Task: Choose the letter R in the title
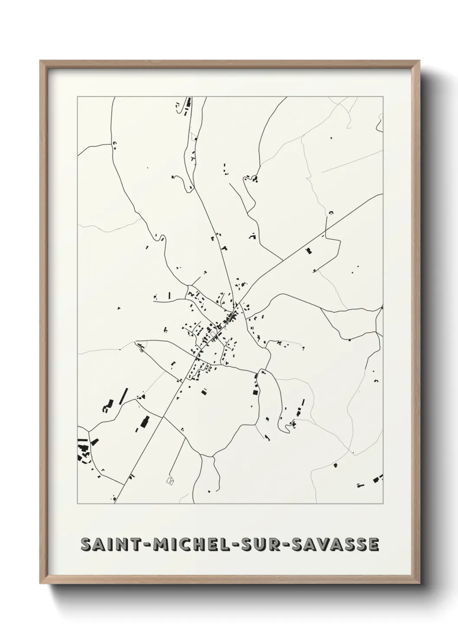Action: pyautogui.click(x=270, y=544)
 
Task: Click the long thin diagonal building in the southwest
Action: pyautogui.click(x=123, y=396)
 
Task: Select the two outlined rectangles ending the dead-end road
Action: pyautogui.click(x=169, y=480)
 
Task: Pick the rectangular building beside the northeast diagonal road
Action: pyautogui.click(x=309, y=250)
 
